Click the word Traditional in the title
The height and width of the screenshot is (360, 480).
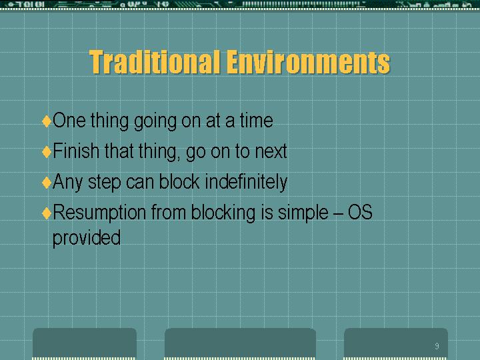155,62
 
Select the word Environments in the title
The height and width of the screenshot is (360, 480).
309,62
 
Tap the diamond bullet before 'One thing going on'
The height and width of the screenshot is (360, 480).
47,121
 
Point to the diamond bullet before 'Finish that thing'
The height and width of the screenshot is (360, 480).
47,151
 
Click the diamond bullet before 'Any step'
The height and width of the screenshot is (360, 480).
47,183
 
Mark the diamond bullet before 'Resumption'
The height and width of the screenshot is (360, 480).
47,213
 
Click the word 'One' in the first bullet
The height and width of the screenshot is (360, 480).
69,120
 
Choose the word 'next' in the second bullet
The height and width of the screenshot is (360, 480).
271,151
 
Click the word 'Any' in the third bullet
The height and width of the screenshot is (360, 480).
67,183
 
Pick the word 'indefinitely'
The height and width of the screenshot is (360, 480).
246,183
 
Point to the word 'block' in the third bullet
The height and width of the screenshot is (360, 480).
179,181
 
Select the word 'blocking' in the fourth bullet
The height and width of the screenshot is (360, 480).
223,213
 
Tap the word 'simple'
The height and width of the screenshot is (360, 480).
303,213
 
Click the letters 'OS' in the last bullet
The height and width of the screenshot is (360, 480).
360,212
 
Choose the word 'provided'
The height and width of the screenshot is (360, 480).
87,238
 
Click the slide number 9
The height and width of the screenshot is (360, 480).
437,346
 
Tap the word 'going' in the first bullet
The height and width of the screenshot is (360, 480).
155,121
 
